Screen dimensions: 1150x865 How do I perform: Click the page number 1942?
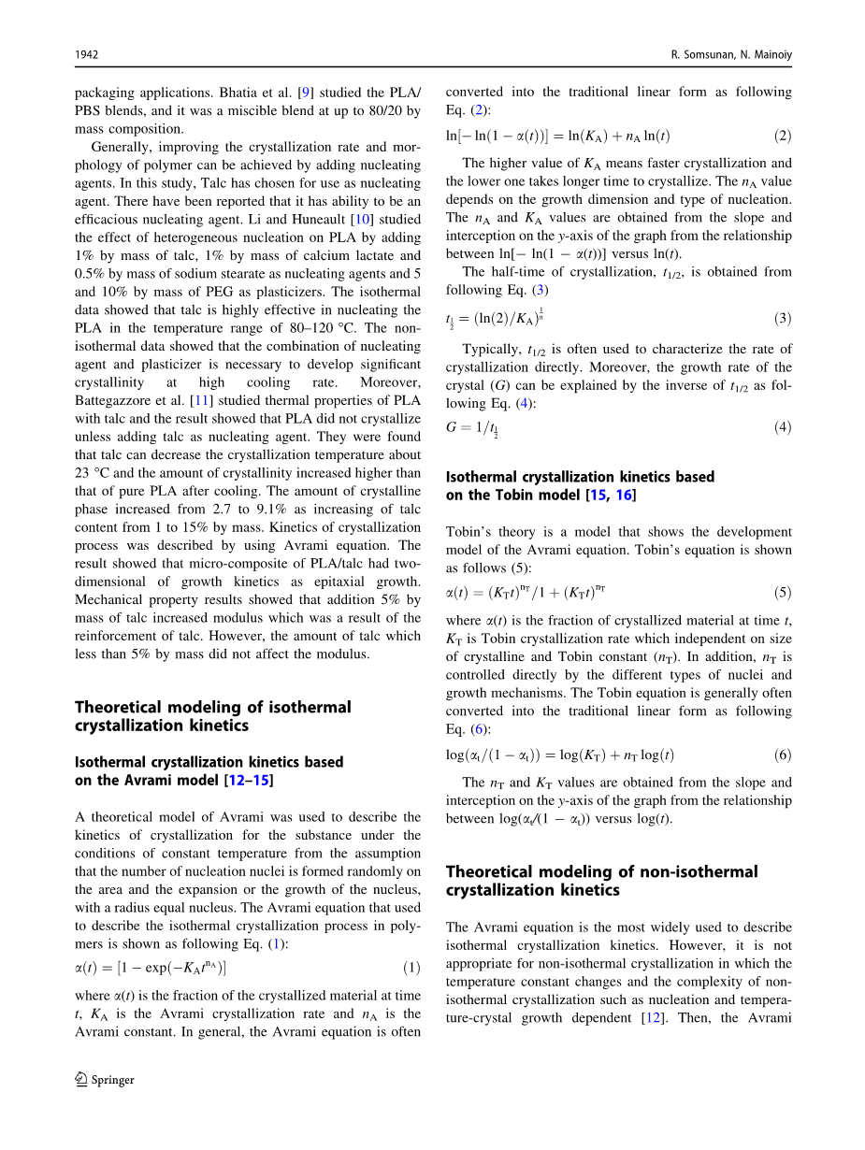tap(87, 55)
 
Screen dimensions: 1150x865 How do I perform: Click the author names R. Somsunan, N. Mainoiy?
tap(731, 55)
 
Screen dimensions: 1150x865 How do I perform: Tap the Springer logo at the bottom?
tap(105, 1080)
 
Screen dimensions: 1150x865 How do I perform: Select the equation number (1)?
tap(411, 968)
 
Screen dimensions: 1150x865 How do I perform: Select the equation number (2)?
tap(783, 136)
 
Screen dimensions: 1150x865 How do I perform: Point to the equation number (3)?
tap(783, 319)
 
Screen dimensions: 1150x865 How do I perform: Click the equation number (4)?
tap(783, 427)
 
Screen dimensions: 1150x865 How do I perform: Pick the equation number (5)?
tap(783, 593)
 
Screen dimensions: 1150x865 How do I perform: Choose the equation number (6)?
tap(783, 755)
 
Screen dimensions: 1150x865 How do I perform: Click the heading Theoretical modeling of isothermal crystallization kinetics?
tap(212, 716)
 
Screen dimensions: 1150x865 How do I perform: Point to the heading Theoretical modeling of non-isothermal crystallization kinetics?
tap(601, 881)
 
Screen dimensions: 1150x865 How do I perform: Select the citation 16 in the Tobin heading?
tap(624, 495)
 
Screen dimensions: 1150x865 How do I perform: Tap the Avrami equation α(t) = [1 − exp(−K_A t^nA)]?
tap(151, 968)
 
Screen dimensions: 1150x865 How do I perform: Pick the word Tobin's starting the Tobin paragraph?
tap(469, 532)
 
